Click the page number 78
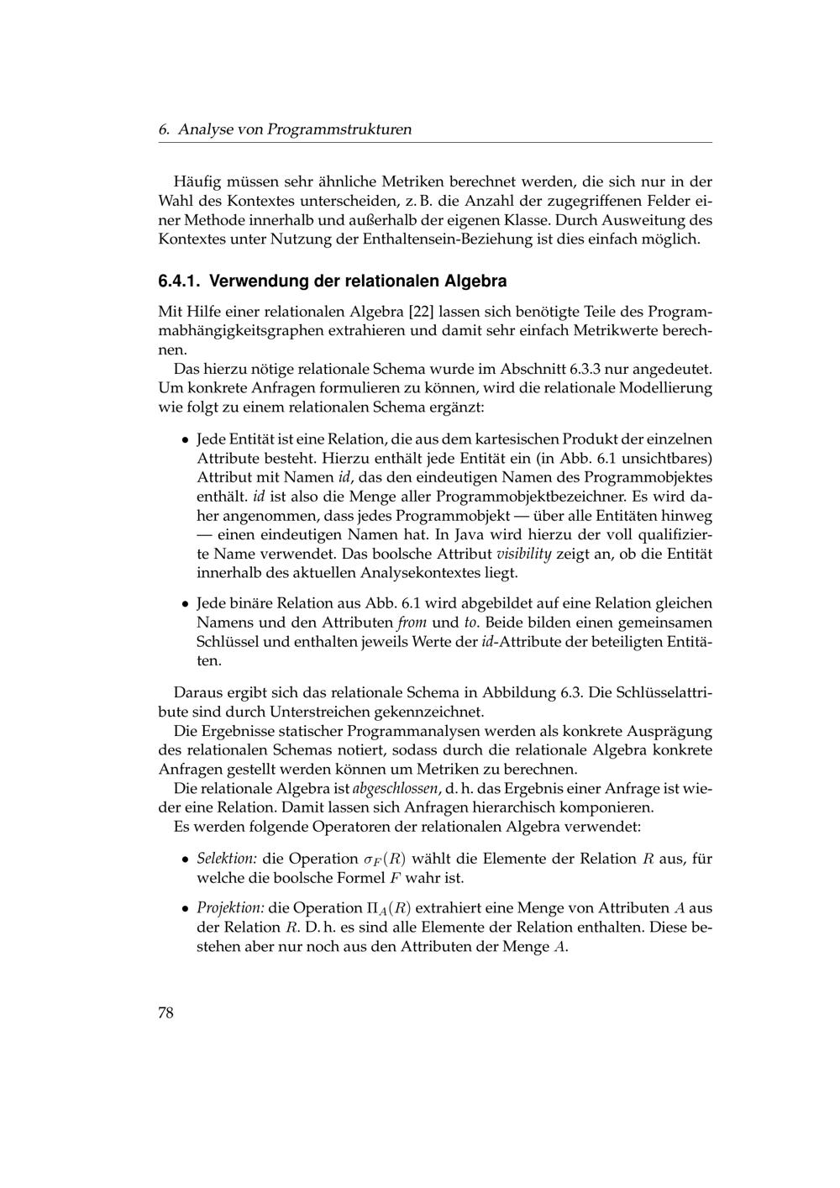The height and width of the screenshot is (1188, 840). tap(165, 1012)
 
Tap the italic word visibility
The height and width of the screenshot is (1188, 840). tap(523, 554)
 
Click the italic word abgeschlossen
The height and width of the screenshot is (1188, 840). tap(395, 788)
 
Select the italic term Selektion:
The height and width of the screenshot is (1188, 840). tap(227, 859)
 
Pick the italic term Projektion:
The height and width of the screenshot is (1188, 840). tap(231, 908)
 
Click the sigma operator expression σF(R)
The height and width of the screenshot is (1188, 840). tap(385, 859)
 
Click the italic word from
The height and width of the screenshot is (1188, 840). tap(412, 623)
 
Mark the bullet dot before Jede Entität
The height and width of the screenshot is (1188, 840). tap(185, 439)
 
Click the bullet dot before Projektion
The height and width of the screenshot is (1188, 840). tap(185, 908)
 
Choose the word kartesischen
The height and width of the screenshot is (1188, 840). tap(493, 439)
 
